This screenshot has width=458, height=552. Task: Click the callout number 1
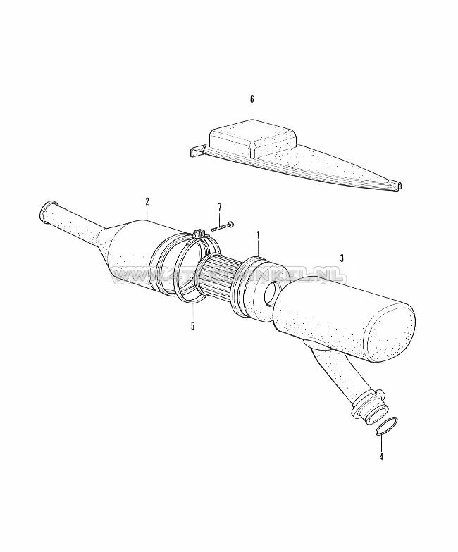coord(258,234)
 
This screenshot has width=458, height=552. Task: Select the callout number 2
coord(147,202)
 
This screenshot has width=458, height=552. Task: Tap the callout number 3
coord(341,259)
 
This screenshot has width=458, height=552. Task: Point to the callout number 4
coord(381,457)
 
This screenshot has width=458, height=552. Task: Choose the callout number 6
coord(252,99)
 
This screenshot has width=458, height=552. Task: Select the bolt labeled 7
coord(221,226)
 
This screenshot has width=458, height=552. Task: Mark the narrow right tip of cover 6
coord(400,186)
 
